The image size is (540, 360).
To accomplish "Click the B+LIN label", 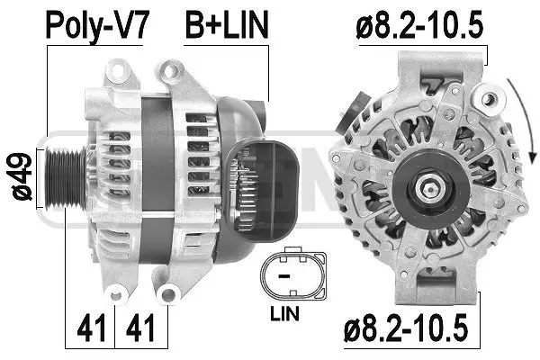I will (x=226, y=24).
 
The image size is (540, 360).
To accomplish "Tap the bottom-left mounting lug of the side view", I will (x=117, y=292).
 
